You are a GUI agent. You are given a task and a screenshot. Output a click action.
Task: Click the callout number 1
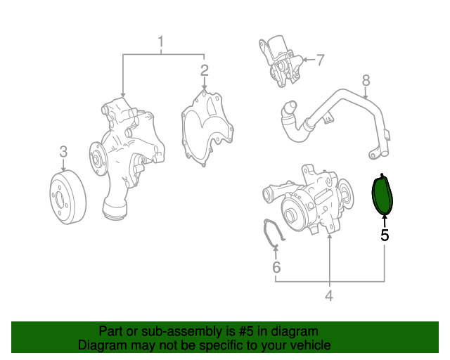[x=161, y=44]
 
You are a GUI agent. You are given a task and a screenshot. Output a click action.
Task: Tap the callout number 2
[x=204, y=70]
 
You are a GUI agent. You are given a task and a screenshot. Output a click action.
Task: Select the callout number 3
[x=63, y=151]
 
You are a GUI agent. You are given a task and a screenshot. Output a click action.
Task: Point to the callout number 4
[x=329, y=296]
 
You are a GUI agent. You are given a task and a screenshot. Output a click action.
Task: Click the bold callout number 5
[x=385, y=235]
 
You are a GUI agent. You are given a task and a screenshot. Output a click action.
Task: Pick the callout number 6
[x=276, y=267]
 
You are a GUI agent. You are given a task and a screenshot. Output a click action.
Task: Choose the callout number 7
[x=320, y=60]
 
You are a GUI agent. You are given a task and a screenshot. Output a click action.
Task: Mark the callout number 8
[x=366, y=81]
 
